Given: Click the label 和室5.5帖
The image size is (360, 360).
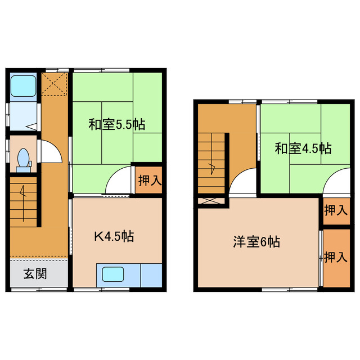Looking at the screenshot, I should (116, 125).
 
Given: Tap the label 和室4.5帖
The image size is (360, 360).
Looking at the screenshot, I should (303, 149).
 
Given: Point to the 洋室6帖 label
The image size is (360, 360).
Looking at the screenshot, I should (257, 242).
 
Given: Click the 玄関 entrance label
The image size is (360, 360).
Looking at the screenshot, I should (35, 274).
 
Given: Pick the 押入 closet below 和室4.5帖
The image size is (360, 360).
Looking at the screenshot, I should (335, 211).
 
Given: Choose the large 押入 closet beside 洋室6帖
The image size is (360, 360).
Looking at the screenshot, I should (335, 257).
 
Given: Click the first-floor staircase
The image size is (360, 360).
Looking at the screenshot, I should (23, 200).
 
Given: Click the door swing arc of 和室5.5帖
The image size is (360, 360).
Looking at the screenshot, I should (119, 182).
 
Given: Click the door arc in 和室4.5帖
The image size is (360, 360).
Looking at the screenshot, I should (335, 184).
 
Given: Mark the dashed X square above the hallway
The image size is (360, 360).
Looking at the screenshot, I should (55, 84).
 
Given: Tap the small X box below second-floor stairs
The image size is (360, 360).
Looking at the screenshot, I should (211, 200).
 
